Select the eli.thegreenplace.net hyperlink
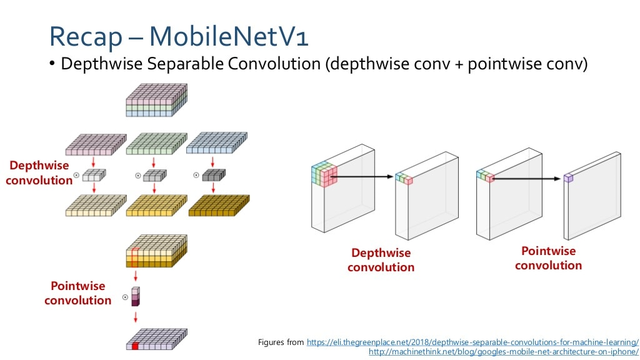472,342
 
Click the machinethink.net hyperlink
504,352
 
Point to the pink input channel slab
94,145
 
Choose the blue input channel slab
216,144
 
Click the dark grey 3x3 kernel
213,176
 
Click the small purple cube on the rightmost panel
568,178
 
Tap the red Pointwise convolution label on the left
77,293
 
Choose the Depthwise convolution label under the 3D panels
381,260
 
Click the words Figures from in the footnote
281,342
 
